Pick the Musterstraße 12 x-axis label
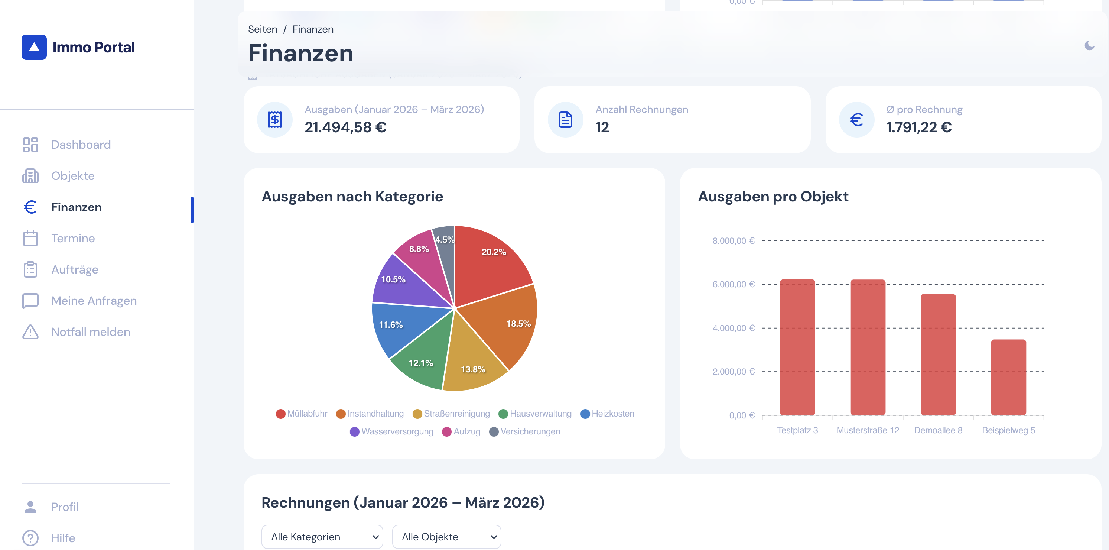pyautogui.click(x=868, y=430)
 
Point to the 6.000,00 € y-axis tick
pyautogui.click(x=733, y=284)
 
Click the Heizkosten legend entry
pyautogui.click(x=608, y=414)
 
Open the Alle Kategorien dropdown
pyautogui.click(x=322, y=537)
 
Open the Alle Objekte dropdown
pyautogui.click(x=446, y=537)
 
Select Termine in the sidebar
pyautogui.click(x=73, y=238)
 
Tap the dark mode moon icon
pyautogui.click(x=1089, y=45)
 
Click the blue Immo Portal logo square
pyautogui.click(x=34, y=47)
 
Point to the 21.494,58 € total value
pyautogui.click(x=345, y=127)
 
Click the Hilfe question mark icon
pyautogui.click(x=30, y=538)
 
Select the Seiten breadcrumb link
pyautogui.click(x=262, y=29)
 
